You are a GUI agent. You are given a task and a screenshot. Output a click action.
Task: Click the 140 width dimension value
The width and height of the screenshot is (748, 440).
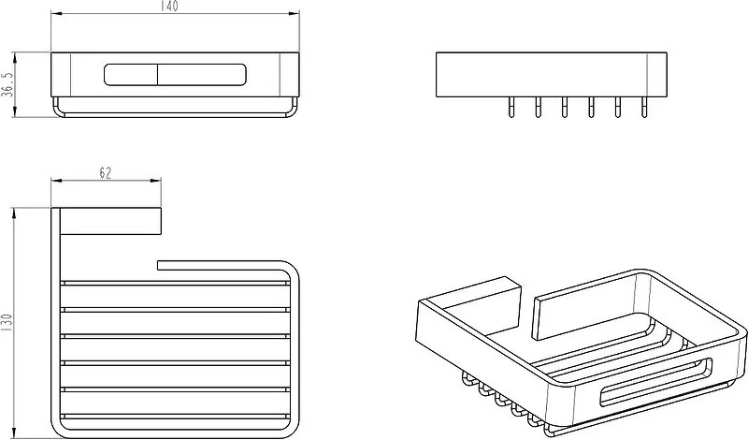(169, 7)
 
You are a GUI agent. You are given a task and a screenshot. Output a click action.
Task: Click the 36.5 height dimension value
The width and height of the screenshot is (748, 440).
(7, 84)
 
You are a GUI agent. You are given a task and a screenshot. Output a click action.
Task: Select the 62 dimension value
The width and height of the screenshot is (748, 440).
(106, 173)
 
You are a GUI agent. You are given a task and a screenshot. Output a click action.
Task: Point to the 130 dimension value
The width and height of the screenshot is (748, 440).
(7, 323)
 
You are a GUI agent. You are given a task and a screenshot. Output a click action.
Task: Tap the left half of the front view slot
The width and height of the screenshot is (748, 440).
(131, 75)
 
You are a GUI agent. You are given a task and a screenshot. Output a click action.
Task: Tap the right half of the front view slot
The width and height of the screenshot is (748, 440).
(202, 75)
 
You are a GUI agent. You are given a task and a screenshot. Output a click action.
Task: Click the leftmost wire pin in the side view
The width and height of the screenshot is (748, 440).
(511, 107)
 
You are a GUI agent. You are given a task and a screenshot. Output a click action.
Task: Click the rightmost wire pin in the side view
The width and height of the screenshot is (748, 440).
(644, 107)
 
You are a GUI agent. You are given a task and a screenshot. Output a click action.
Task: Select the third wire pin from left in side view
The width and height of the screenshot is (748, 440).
(565, 107)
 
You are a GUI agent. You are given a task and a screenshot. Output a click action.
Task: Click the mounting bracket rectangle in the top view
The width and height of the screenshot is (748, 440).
(110, 222)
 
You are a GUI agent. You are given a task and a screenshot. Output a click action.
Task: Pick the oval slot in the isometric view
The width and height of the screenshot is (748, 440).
(656, 382)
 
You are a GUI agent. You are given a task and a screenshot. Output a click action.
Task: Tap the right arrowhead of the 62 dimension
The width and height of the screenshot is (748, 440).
(156, 181)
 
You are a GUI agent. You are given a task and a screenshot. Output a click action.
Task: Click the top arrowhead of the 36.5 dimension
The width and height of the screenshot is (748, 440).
(15, 58)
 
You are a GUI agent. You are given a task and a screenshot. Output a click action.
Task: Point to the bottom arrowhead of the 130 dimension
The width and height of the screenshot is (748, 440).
(15, 433)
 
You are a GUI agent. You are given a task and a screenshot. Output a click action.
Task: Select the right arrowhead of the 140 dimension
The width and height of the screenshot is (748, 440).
(294, 14)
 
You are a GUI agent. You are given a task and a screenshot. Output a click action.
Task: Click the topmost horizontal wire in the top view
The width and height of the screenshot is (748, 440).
(175, 284)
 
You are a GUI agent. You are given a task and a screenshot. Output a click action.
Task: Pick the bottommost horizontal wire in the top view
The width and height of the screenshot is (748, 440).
(175, 416)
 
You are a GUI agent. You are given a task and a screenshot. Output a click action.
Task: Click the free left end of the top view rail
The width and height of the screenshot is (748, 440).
(158, 265)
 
